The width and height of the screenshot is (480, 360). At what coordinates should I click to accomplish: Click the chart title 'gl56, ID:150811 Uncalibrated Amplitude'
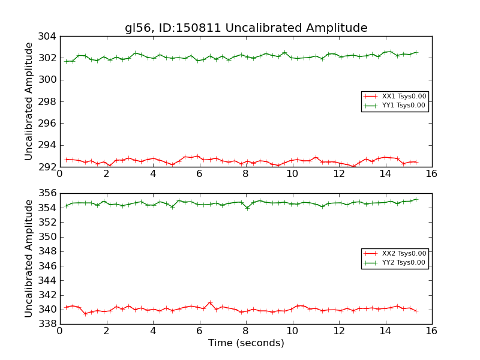[246, 28]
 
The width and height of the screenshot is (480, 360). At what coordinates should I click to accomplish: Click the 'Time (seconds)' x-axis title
[246, 343]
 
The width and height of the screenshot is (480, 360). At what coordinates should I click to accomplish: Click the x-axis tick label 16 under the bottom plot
[431, 331]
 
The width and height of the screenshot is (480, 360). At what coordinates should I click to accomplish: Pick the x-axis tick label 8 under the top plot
[245, 173]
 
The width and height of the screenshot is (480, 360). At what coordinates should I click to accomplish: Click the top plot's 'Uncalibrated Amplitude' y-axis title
[29, 101]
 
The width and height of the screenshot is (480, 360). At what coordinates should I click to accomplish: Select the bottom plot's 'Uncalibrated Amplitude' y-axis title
[29, 259]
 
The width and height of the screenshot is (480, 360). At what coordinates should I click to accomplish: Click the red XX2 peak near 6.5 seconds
[210, 302]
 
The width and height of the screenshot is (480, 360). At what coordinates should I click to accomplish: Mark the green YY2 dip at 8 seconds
[247, 208]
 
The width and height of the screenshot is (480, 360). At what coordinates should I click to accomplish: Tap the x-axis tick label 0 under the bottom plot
[59, 331]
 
